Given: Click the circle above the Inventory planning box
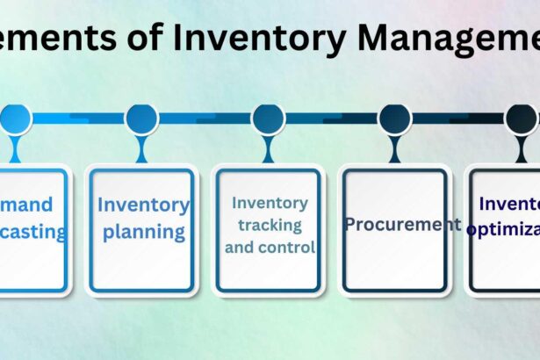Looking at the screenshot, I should pyautogui.click(x=141, y=119).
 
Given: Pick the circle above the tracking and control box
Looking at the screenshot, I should pyautogui.click(x=268, y=119).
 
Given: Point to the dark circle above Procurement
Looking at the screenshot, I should pyautogui.click(x=394, y=119).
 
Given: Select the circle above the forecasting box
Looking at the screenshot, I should pyautogui.click(x=15, y=119).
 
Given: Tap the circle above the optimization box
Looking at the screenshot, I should pyautogui.click(x=520, y=119).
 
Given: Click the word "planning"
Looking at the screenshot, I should pyautogui.click(x=142, y=233).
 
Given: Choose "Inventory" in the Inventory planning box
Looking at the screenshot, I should pyautogui.click(x=143, y=205).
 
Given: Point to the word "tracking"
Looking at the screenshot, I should pyautogui.click(x=270, y=225).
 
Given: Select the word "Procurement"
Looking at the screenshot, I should pyautogui.click(x=402, y=224).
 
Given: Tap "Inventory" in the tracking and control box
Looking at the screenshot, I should pyautogui.click(x=270, y=202).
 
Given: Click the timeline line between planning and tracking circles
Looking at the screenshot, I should pyautogui.click(x=205, y=119).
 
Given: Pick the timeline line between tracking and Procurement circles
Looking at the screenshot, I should pyautogui.click(x=331, y=119).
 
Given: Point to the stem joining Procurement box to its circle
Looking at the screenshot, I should pyautogui.click(x=394, y=149).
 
